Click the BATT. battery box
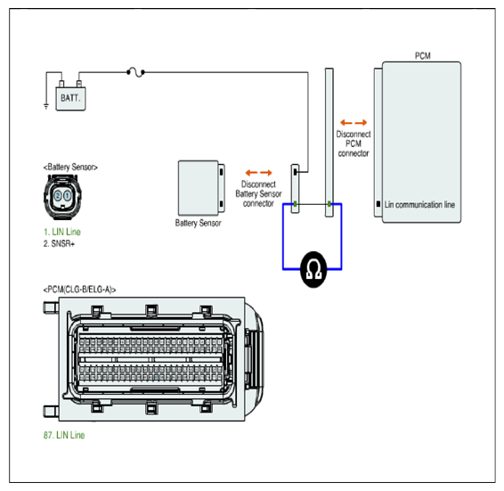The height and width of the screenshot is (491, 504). coord(70,99)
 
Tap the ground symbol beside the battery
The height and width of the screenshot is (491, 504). coord(46,107)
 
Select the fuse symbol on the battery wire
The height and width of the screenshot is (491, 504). coord(135,72)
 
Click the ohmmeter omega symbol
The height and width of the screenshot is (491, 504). coord(313,269)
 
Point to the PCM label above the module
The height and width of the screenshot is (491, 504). coord(423,56)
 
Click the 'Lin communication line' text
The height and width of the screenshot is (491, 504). coord(419,205)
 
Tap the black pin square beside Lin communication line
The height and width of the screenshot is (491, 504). coord(378,204)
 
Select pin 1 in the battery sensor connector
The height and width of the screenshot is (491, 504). coord(68,195)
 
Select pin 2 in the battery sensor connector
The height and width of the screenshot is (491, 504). coord(58,195)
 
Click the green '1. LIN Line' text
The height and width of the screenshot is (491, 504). coord(62,232)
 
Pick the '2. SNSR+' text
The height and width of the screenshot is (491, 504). coord(59,243)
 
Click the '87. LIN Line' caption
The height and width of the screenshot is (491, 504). coord(64,435)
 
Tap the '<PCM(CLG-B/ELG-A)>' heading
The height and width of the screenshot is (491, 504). coord(80,290)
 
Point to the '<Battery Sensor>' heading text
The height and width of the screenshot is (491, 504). coord(70,168)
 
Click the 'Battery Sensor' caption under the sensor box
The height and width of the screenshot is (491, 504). coord(198,223)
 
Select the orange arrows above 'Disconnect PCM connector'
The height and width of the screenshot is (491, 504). coord(354,123)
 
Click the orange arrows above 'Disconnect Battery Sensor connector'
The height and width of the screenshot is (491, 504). coord(258,173)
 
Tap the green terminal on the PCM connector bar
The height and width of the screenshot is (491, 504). coord(329,204)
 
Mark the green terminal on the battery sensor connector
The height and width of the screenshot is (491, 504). coord(295,204)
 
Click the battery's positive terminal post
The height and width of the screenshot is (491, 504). coord(79,84)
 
